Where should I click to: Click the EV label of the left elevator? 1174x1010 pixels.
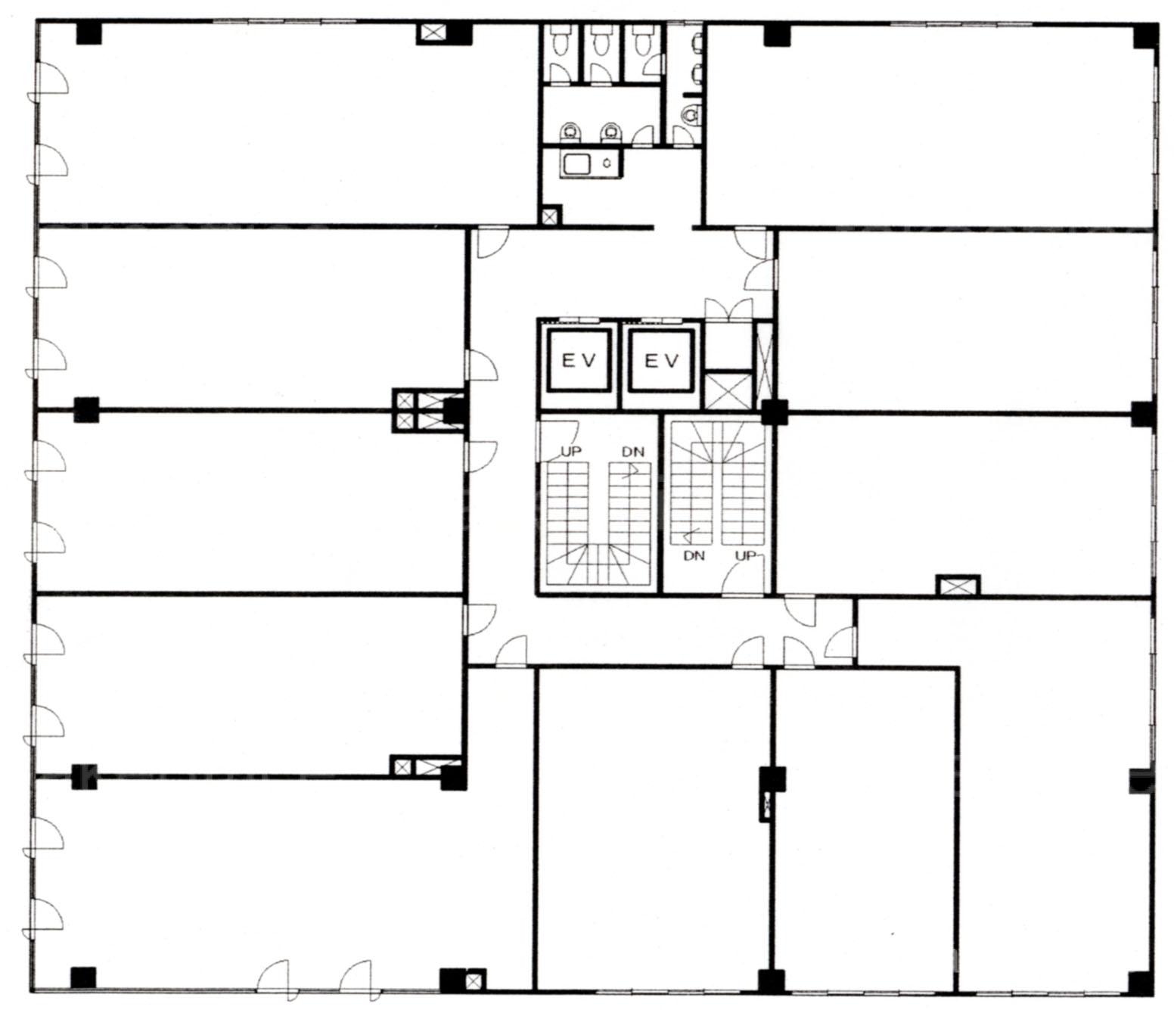[579, 361]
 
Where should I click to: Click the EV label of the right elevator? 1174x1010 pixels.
[662, 361]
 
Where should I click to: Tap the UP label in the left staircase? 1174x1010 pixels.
[571, 452]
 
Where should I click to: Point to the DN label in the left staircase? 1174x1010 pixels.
[633, 452]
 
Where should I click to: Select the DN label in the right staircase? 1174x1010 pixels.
[694, 556]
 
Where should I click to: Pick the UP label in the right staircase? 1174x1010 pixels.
[747, 556]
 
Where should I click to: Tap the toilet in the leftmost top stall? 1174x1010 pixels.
[560, 42]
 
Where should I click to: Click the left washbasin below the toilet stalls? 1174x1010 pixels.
[570, 133]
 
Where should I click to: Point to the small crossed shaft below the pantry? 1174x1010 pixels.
[549, 216]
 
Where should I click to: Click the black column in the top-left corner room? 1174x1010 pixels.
[89, 33]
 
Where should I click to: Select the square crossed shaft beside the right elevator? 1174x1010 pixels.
[728, 389]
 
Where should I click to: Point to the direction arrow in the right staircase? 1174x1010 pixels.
[690, 535]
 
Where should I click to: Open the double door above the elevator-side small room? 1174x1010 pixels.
[728, 310]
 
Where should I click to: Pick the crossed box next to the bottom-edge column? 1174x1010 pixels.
[474, 980]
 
